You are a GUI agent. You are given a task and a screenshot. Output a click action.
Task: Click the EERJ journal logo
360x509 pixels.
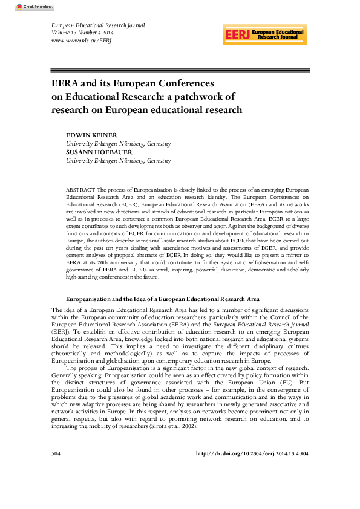[264, 34]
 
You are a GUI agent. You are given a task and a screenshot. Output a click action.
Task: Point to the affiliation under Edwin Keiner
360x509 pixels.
[118, 144]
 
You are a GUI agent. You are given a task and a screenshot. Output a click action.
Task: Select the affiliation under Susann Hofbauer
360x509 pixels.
[118, 161]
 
